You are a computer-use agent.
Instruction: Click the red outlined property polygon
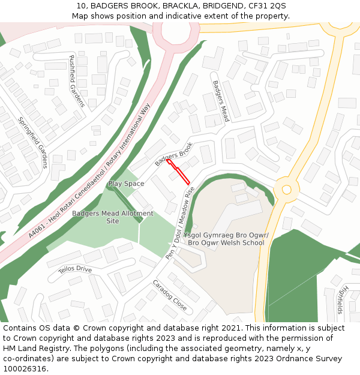(x=178, y=172)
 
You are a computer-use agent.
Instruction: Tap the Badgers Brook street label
(x=174, y=154)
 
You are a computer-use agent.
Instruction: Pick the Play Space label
(x=126, y=184)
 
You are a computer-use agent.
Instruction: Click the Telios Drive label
(x=75, y=269)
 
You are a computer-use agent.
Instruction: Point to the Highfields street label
(x=341, y=299)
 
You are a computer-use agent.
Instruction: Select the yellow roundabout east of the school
(x=286, y=190)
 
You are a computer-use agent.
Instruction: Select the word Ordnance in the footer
(x=305, y=359)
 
